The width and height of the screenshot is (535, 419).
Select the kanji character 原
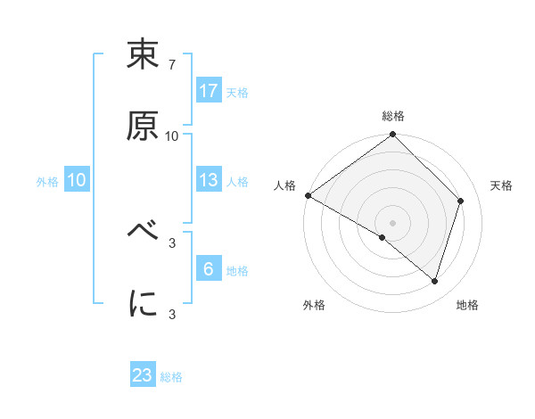(144, 126)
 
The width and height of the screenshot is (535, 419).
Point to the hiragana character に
(144, 304)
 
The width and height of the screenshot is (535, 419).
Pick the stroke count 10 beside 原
(172, 136)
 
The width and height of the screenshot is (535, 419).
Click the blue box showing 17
(209, 91)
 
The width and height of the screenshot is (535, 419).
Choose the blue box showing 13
(209, 180)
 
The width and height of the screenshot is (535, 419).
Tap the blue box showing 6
(209, 269)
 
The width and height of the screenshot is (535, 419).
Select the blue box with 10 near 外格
(77, 180)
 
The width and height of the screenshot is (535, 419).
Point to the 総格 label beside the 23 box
(171, 377)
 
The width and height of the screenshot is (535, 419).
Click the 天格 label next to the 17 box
(237, 93)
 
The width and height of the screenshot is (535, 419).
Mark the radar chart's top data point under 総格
(392, 136)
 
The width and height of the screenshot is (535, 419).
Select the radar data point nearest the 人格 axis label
(308, 195)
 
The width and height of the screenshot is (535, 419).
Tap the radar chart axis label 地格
(467, 306)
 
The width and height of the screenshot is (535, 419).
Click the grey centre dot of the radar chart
(392, 222)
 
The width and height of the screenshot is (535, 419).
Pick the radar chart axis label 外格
(314, 306)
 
